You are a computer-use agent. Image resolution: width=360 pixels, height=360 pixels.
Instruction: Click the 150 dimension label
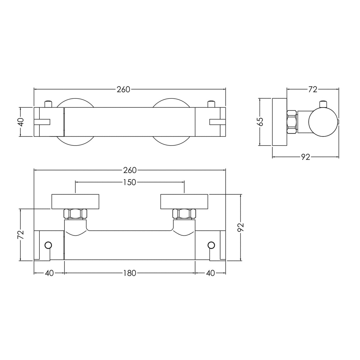tap(130, 182)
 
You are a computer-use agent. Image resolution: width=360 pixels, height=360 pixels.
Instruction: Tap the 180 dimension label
tap(130, 273)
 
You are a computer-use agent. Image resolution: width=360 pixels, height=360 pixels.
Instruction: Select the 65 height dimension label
tap(260, 122)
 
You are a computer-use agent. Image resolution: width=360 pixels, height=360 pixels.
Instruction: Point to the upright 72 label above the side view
tap(313, 89)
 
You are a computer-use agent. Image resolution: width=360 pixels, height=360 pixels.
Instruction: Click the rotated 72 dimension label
tap(21, 235)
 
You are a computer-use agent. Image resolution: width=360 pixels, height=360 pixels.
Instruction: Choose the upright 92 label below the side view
tap(305, 157)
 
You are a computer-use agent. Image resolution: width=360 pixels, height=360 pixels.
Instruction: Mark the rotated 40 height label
tap(21, 122)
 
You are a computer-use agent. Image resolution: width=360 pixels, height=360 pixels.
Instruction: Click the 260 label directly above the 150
tap(130, 171)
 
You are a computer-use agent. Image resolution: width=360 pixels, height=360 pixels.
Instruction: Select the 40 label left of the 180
tap(49, 273)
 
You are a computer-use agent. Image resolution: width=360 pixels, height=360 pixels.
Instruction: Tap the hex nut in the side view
tap(292, 122)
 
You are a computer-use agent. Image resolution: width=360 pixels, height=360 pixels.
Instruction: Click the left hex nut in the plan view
tap(75, 214)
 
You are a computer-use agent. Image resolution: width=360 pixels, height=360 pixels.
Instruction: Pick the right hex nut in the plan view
tap(184, 214)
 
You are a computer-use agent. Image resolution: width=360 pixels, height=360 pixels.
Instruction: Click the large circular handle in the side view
tap(323, 122)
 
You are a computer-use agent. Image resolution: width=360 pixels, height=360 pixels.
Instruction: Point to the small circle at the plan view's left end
tap(48, 245)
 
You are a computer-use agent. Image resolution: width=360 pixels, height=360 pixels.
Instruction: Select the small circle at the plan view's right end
tap(211, 245)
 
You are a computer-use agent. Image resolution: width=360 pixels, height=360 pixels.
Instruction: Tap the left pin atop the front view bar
tap(48, 104)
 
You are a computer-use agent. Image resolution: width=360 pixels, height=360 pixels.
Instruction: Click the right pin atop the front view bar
tap(211, 104)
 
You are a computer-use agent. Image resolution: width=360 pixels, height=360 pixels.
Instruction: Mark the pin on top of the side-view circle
tap(323, 104)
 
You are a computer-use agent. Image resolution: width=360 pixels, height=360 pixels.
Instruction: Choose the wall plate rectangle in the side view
tap(279, 122)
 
